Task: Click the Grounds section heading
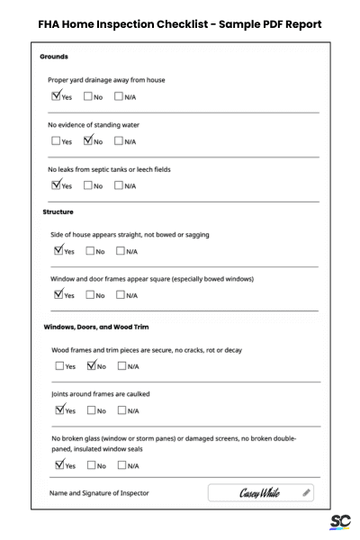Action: click(x=56, y=57)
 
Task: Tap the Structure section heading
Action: click(x=58, y=211)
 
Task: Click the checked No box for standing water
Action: click(x=88, y=140)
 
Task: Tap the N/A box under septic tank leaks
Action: click(x=120, y=186)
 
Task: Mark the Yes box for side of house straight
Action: click(x=58, y=251)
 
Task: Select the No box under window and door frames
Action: click(x=90, y=295)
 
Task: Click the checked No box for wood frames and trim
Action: click(x=91, y=366)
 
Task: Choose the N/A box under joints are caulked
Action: click(x=122, y=410)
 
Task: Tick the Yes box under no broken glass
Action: click(x=59, y=465)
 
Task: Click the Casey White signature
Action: click(x=259, y=493)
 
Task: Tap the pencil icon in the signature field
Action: click(x=307, y=492)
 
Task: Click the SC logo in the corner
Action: click(x=339, y=521)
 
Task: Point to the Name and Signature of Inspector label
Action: click(x=100, y=493)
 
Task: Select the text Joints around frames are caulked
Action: click(x=100, y=394)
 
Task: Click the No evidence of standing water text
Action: click(x=94, y=124)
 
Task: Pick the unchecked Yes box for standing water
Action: click(x=57, y=141)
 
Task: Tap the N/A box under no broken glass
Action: click(x=122, y=465)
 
